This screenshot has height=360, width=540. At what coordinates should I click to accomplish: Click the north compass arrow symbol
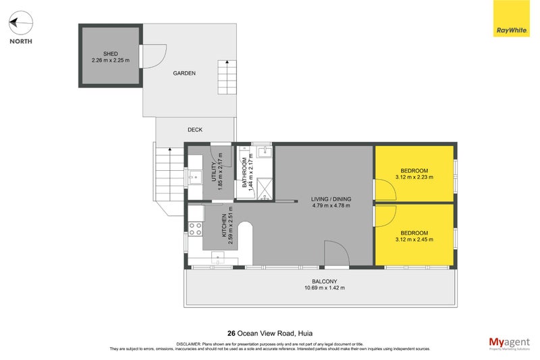(20, 24)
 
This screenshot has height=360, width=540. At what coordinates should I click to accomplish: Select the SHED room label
(111, 53)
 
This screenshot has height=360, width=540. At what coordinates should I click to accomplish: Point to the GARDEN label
(184, 73)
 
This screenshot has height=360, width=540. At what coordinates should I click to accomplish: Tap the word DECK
(195, 130)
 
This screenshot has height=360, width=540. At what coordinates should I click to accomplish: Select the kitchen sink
(218, 257)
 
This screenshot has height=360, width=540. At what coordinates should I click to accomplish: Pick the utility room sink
(195, 179)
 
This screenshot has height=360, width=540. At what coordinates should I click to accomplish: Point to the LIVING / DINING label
(331, 199)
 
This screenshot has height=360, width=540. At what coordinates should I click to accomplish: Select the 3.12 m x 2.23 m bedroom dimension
(414, 178)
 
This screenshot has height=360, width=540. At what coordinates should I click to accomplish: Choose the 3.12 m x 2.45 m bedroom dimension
(414, 240)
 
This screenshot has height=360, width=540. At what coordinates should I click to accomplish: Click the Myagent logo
(510, 343)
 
